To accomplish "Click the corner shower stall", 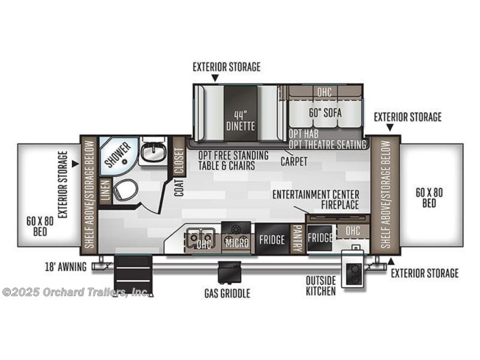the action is pos(118,155).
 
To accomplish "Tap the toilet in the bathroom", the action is pos(125,190).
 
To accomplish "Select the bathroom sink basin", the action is pos(154,151).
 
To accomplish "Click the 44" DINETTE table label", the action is pos(240,120).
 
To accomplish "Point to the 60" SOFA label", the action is pos(325,113).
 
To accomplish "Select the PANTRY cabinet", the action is pos(297,240).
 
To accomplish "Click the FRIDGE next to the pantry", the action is pos(272,240).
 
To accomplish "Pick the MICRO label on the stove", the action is pos(237,243).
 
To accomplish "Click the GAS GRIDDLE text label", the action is pos(227,293).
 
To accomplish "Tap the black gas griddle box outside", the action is pos(229,272).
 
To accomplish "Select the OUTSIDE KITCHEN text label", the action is pos(320,286).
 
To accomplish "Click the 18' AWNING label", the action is pos(66,267).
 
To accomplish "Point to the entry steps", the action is pos(133,276).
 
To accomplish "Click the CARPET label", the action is pos(294,161).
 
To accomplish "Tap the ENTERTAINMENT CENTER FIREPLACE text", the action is pos(316,199).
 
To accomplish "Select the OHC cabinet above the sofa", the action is pos(324,92).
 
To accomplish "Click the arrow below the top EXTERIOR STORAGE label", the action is pos(215,78).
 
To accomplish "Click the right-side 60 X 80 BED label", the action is pos(429,198).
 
